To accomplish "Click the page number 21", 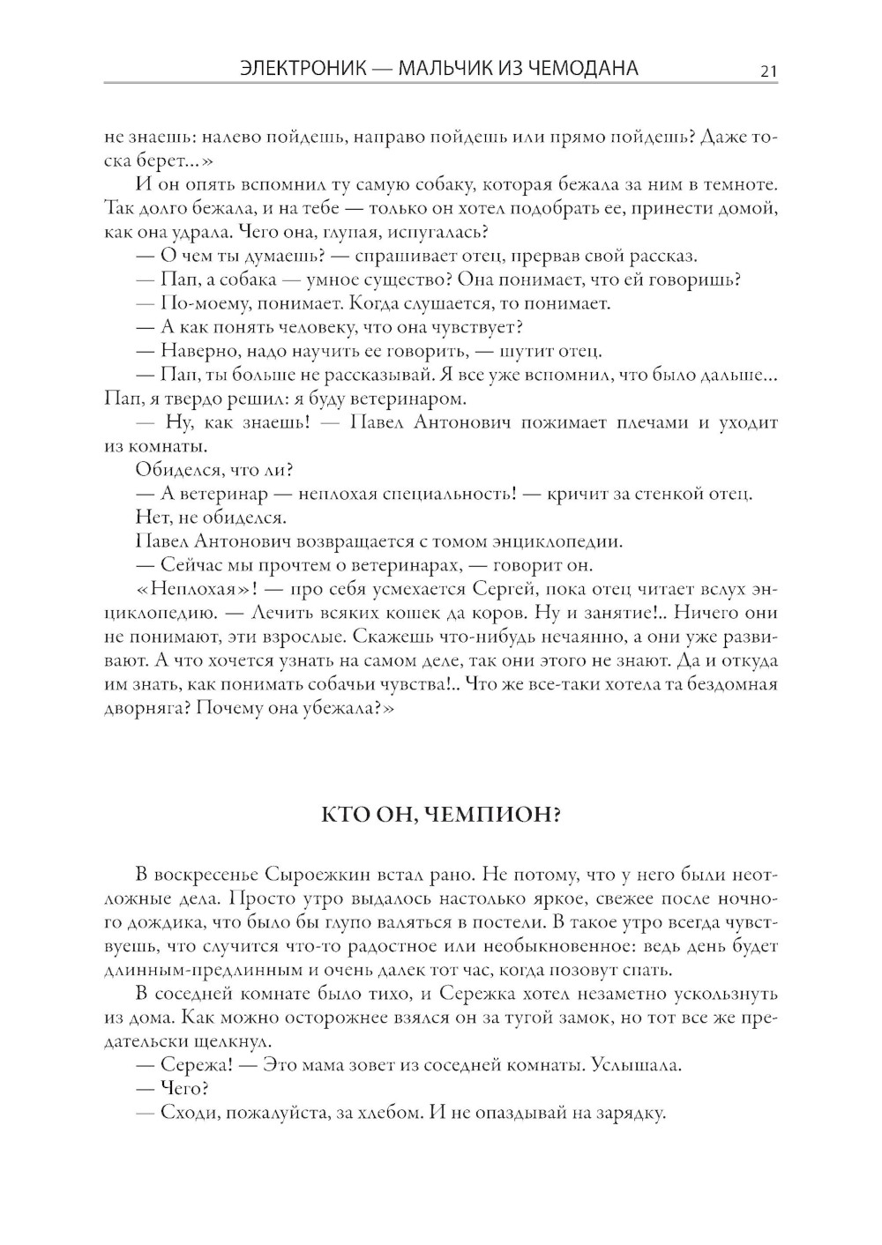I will (768, 71).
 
